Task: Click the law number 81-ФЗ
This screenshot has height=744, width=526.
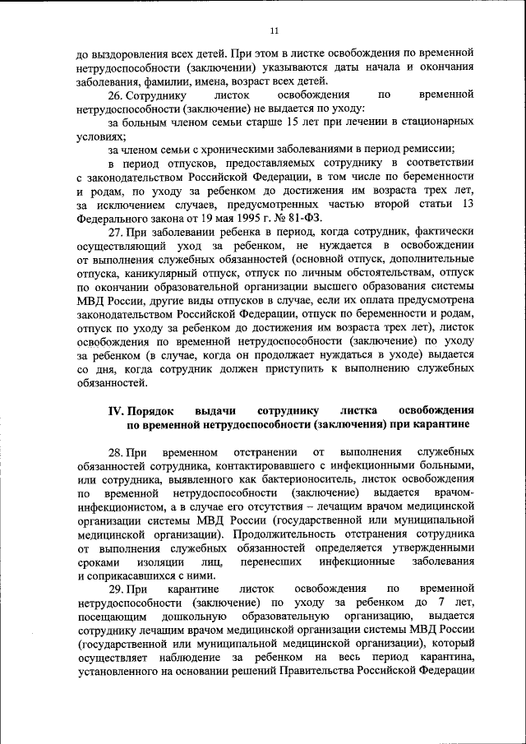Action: (x=304, y=218)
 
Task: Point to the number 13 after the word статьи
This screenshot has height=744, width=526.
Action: (x=467, y=204)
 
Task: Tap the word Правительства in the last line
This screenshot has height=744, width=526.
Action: (x=318, y=671)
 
